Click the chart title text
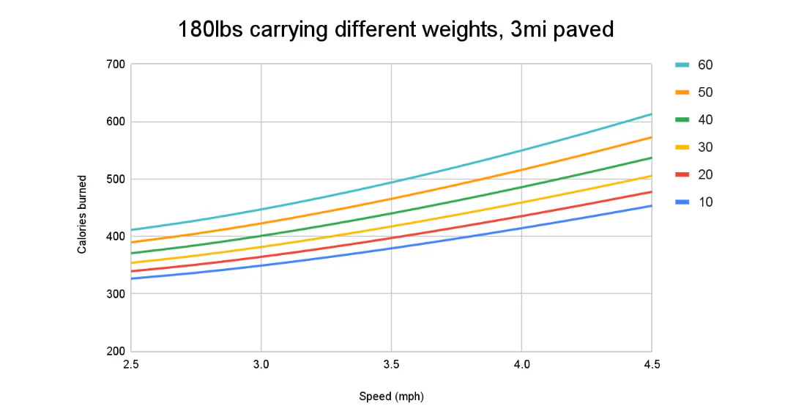tap(395, 31)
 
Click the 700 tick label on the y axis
tap(115, 64)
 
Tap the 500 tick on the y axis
tap(115, 179)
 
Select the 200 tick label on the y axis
tap(115, 351)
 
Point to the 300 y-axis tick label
tap(115, 294)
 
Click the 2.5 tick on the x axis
tap(131, 364)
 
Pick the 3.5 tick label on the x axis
tap(391, 364)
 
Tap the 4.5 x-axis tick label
tap(651, 364)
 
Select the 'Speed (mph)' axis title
tap(391, 396)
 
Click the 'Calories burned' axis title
tap(82, 214)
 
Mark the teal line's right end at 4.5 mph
tap(651, 114)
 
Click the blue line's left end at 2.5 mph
tap(132, 278)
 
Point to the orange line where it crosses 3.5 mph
tap(391, 199)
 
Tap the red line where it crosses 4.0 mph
tap(521, 215)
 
